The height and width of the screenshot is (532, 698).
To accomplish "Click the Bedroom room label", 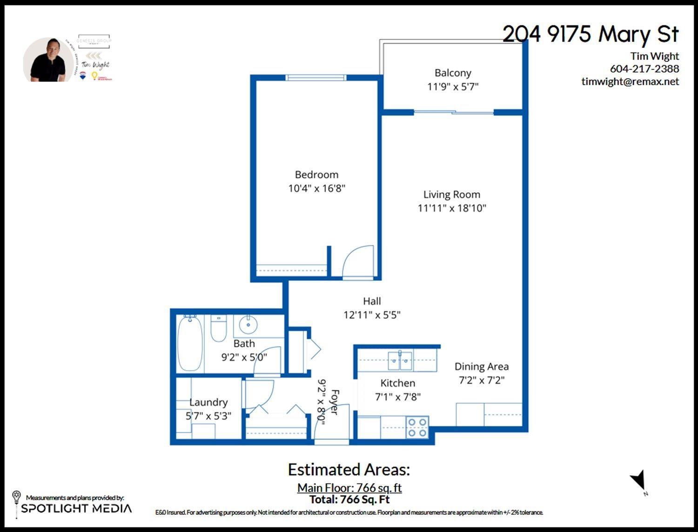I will pos(316,175).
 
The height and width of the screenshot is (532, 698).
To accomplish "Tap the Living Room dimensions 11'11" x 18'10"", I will pos(451,208).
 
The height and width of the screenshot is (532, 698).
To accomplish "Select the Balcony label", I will pos(453,73).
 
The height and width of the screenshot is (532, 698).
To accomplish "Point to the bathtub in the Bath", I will pos(190,343).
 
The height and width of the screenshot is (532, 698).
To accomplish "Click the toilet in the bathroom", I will pos(219,328).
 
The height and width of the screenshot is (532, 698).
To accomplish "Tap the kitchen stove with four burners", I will pos(417,428).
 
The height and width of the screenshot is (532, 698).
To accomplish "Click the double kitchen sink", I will pos(400,360).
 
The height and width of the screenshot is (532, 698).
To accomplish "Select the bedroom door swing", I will pos(359,262).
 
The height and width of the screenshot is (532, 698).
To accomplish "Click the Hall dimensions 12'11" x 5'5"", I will pos(372,315).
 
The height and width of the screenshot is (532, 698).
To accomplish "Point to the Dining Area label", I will pos(481,367).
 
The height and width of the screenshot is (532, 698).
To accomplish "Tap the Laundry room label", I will pos(208,402).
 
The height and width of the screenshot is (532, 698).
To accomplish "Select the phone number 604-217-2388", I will pos(644,69).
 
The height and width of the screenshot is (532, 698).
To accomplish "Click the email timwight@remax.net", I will pos(630,81).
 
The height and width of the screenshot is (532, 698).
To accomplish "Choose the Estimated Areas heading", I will pos(349,470).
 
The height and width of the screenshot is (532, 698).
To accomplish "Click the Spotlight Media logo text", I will pos(76,508).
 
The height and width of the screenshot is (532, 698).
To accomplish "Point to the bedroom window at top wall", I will pos(316,77).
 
